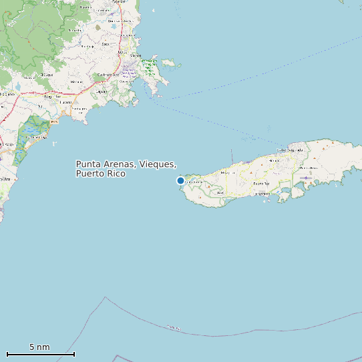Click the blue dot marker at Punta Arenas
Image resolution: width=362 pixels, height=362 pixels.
click(180, 180)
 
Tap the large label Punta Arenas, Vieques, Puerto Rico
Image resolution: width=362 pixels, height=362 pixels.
click(126, 168)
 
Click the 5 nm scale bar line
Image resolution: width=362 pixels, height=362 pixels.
click(40, 354)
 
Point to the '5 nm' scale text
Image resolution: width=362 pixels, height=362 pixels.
click(39, 347)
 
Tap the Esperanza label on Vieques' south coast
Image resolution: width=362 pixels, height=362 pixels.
click(262, 193)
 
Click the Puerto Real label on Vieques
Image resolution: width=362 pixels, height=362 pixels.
click(262, 182)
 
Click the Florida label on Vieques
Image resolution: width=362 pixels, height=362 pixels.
click(273, 160)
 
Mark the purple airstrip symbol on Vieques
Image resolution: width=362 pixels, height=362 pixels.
click(304, 178)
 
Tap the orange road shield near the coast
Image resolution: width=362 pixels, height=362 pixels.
click(53, 122)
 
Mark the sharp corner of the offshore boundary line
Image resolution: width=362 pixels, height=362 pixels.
click(105, 297)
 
